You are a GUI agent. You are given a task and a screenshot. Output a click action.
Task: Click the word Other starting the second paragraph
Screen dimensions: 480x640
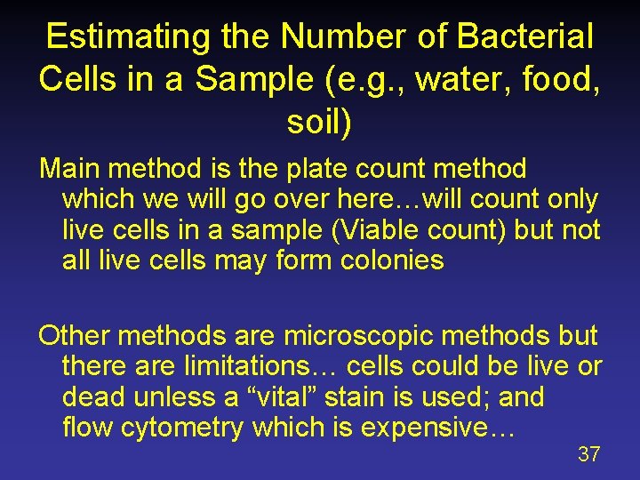click(75, 336)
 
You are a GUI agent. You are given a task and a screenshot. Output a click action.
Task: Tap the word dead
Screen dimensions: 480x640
click(96, 396)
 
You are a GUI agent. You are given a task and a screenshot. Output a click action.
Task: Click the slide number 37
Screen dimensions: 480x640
click(588, 454)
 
